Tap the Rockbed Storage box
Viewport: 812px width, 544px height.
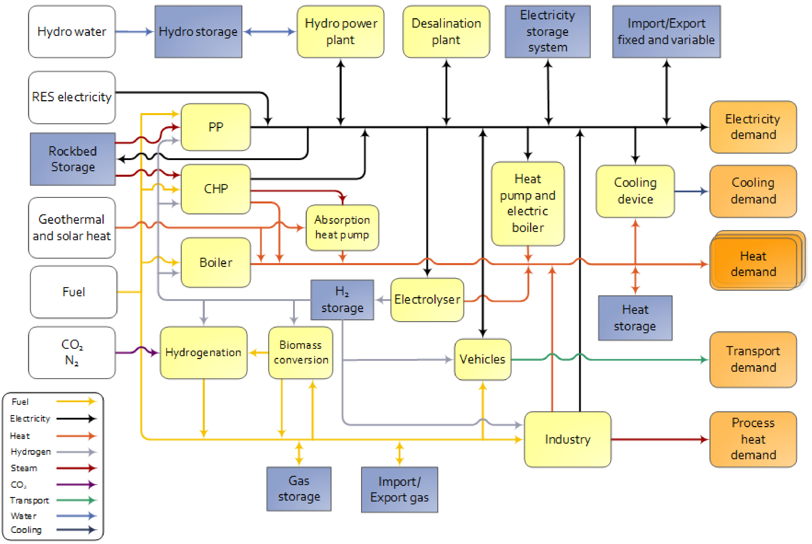[72, 159]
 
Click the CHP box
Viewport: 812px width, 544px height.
[216, 189]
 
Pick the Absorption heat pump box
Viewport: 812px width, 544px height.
[342, 227]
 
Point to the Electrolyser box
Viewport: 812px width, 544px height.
[427, 299]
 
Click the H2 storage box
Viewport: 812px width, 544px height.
[342, 300]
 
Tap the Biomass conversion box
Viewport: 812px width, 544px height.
[300, 353]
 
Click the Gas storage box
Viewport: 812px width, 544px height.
[299, 489]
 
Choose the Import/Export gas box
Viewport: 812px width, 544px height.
[399, 489]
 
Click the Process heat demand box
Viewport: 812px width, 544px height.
[753, 439]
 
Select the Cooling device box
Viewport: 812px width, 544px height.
[635, 191]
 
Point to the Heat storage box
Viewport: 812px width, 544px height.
[635, 318]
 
